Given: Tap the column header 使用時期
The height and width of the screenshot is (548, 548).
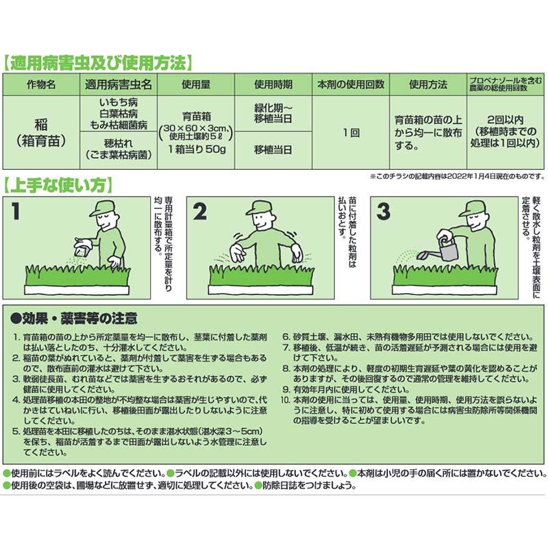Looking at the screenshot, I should point(273,85).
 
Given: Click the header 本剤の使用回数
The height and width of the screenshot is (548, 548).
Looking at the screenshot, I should point(351,85).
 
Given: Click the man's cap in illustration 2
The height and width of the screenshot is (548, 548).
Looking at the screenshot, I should point(260,206).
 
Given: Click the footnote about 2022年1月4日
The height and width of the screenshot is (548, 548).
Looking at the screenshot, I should point(451,176).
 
